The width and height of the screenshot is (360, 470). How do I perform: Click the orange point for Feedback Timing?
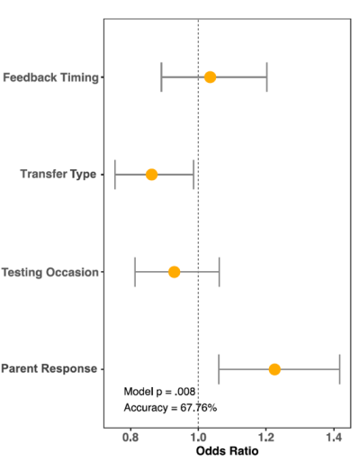pyautogui.click(x=210, y=77)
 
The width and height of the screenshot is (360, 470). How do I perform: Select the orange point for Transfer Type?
pyautogui.click(x=151, y=175)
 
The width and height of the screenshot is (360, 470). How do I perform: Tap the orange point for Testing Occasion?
pyautogui.click(x=174, y=272)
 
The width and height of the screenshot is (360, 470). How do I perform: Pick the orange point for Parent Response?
pyautogui.click(x=274, y=369)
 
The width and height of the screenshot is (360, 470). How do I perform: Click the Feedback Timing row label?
pyautogui.click(x=50, y=77)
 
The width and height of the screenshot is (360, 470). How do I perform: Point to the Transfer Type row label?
pyautogui.click(x=58, y=174)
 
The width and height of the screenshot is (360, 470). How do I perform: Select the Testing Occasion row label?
pyautogui.click(x=50, y=272)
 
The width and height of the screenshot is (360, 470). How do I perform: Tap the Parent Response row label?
pyautogui.click(x=49, y=368)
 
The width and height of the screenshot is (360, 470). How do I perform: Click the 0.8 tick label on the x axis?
pyautogui.click(x=130, y=438)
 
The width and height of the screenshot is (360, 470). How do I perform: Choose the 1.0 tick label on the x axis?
pyautogui.click(x=198, y=438)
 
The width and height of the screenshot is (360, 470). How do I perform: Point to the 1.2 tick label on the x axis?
pyautogui.click(x=266, y=438)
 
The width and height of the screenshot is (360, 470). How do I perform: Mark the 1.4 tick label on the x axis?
pyautogui.click(x=334, y=438)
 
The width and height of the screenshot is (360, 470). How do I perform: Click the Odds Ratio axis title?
pyautogui.click(x=227, y=451)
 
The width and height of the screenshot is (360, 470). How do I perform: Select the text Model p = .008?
pyautogui.click(x=159, y=392)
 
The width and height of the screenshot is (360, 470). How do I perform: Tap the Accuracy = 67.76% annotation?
pyautogui.click(x=170, y=408)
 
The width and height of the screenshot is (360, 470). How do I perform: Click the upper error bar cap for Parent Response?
pyautogui.click(x=339, y=369)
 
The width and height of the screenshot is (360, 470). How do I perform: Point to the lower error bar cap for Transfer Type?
pyautogui.click(x=115, y=175)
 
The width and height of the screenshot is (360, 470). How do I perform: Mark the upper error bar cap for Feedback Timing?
pyautogui.click(x=266, y=77)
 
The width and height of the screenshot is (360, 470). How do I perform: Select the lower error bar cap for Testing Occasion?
pyautogui.click(x=135, y=272)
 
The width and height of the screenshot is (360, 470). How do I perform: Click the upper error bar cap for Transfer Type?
pyautogui.click(x=193, y=175)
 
